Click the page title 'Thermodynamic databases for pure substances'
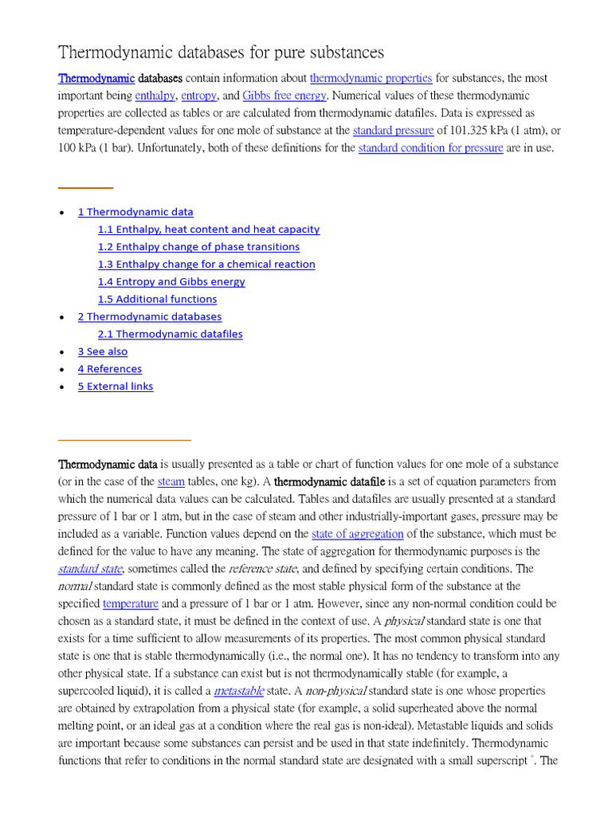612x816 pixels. [x=221, y=53]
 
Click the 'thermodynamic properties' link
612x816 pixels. [x=371, y=78]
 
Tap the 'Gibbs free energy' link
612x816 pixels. [x=284, y=96]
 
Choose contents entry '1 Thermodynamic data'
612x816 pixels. [x=135, y=212]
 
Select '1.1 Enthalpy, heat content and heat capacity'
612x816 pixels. [x=209, y=229]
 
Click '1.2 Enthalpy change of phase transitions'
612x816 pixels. [x=198, y=247]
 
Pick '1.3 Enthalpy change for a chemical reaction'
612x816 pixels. [x=206, y=265]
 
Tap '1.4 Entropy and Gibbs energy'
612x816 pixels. [x=171, y=282]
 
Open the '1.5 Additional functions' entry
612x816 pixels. [x=157, y=300]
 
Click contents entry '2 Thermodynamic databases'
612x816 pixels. [x=150, y=317]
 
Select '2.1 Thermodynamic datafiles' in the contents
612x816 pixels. [x=171, y=335]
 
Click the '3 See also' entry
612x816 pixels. [x=102, y=351]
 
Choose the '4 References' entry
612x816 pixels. [x=110, y=369]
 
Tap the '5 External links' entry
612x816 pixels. [x=116, y=386]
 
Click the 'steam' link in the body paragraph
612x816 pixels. [x=171, y=481]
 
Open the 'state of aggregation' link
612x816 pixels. [x=357, y=534]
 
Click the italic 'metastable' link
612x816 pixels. [x=239, y=691]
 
